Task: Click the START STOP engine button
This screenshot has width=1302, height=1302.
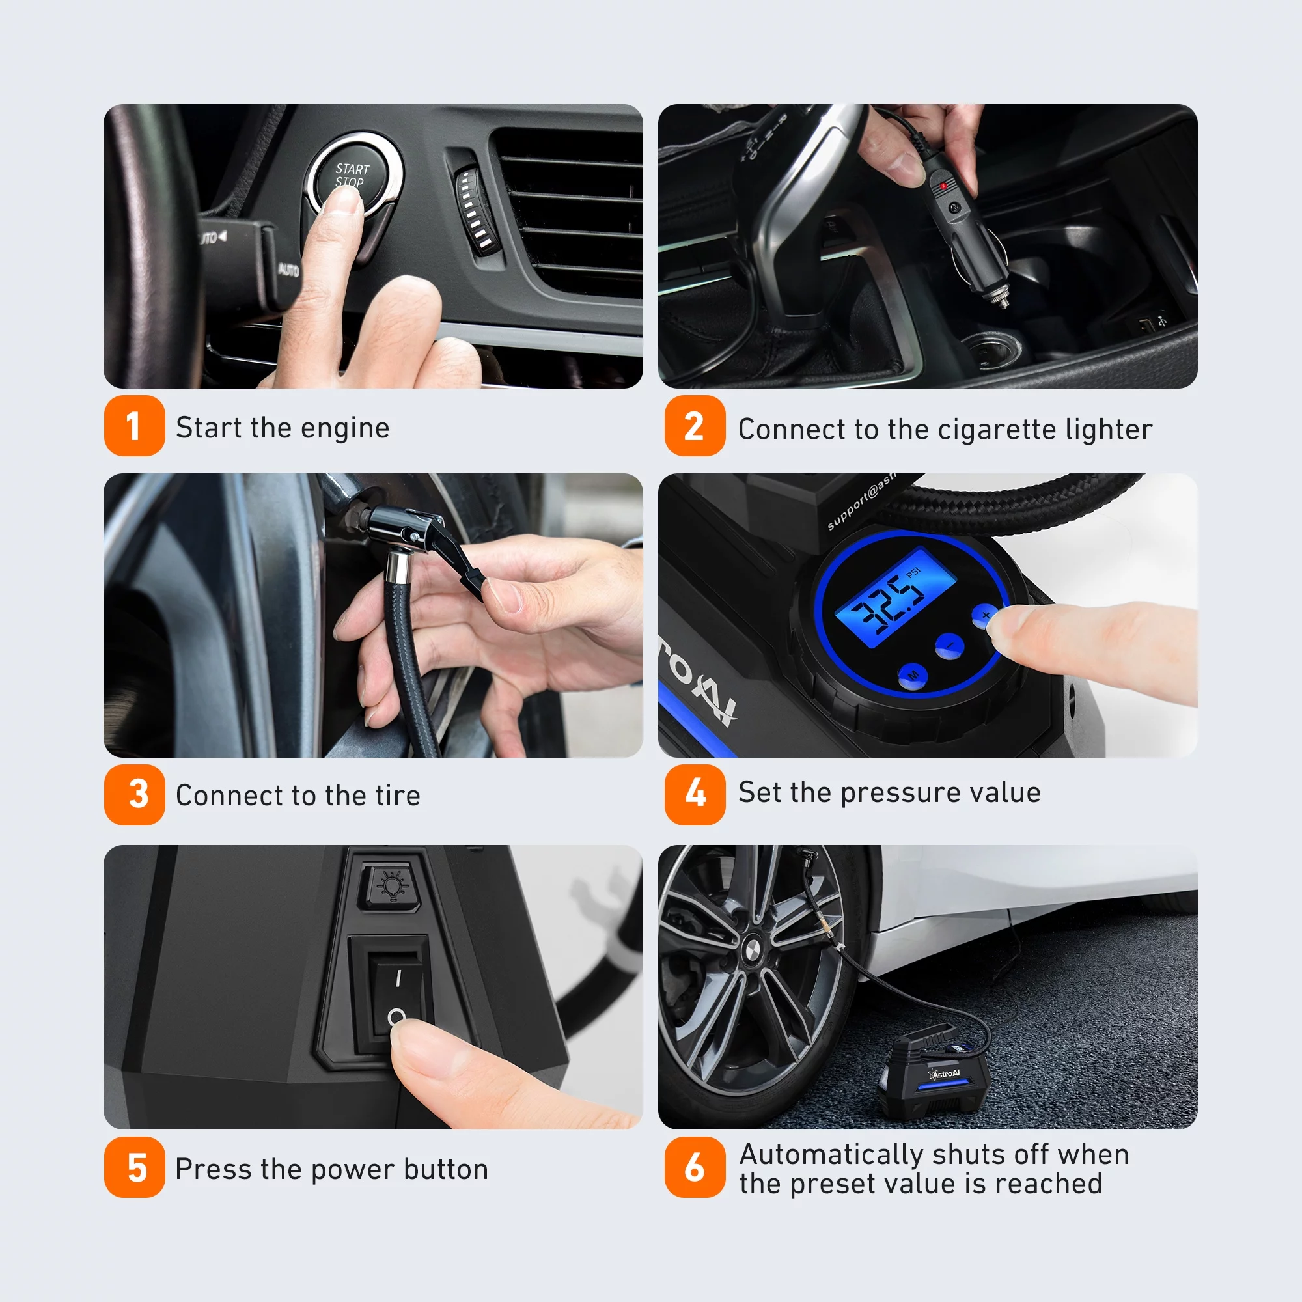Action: [x=352, y=173]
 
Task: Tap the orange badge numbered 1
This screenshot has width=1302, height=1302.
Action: [x=134, y=426]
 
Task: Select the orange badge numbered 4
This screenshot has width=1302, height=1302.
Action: [x=695, y=794]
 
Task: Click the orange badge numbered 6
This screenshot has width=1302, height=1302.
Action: [x=695, y=1167]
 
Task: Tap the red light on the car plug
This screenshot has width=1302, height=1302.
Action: [x=943, y=184]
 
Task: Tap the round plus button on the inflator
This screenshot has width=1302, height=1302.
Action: [x=984, y=615]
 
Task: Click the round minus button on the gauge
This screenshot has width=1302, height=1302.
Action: [x=950, y=646]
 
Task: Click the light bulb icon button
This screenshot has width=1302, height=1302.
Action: [x=392, y=884]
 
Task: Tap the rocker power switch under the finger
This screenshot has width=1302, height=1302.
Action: [x=397, y=994]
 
